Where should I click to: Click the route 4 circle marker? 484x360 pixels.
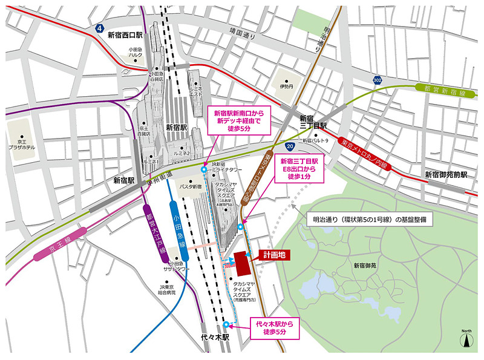pos(99,28)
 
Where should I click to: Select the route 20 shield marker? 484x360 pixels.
pos(290,146)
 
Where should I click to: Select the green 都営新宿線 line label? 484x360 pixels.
pos(442,88)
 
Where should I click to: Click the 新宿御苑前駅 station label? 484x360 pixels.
pos(447,174)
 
